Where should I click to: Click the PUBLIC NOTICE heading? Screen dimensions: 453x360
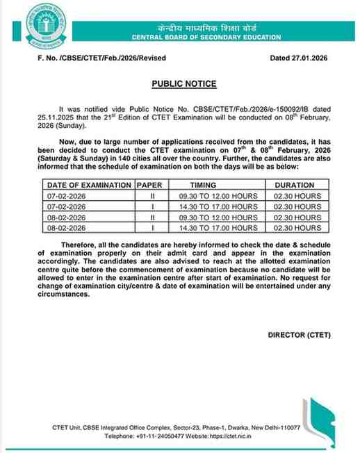click(184, 84)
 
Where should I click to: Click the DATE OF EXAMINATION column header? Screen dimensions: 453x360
click(89, 186)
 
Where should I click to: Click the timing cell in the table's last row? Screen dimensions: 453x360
click(223, 227)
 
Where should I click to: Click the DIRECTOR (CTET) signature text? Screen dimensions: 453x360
click(299, 335)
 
